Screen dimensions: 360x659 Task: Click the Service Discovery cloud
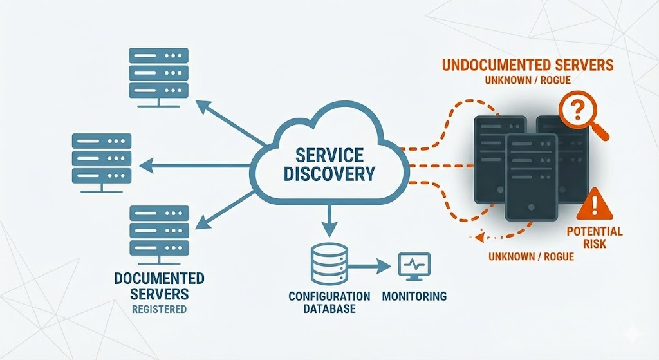click(x=328, y=164)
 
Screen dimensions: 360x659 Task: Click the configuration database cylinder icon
click(x=328, y=265)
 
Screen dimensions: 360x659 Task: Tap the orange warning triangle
click(x=595, y=205)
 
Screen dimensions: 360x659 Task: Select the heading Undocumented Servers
click(x=527, y=65)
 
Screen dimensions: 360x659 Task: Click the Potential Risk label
click(x=595, y=238)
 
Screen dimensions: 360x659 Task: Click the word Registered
click(x=159, y=309)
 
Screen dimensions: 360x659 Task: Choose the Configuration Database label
click(x=329, y=303)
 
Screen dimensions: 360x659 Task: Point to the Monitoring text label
click(x=414, y=297)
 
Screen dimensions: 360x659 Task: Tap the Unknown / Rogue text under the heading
click(x=527, y=81)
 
